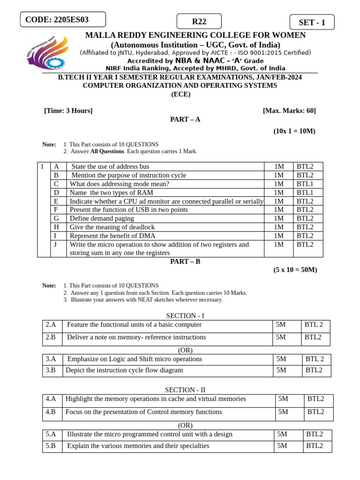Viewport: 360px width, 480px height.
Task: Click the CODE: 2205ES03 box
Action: (x=63, y=20)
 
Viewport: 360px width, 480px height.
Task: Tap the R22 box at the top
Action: (x=199, y=22)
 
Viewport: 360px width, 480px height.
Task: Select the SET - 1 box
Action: (x=311, y=22)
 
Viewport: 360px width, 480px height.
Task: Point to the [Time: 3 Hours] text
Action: (x=68, y=111)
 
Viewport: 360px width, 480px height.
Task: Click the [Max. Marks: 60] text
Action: (x=289, y=111)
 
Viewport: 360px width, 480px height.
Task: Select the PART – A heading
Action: (x=185, y=120)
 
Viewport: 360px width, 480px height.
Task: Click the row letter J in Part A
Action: (x=56, y=245)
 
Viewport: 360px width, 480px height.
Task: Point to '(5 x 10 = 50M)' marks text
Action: (x=295, y=270)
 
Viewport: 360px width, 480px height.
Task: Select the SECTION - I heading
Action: (x=185, y=316)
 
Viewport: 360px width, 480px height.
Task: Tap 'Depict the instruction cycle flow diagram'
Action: (x=124, y=370)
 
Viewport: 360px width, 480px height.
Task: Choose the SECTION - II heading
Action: (x=185, y=390)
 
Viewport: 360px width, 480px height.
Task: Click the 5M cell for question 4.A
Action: (x=283, y=399)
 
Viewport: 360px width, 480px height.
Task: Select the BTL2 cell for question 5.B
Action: (x=315, y=446)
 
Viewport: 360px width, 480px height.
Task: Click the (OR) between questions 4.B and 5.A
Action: (x=185, y=425)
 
